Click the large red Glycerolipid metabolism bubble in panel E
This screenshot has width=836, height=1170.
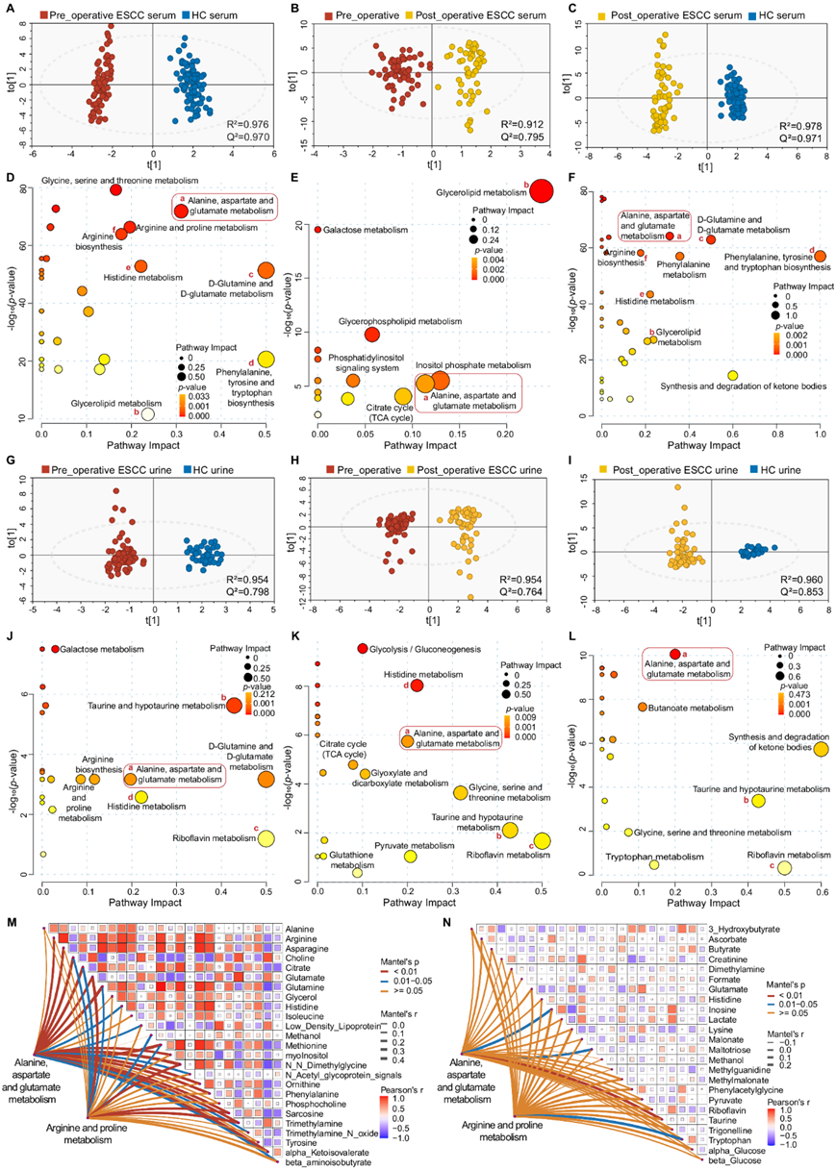coord(542,191)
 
